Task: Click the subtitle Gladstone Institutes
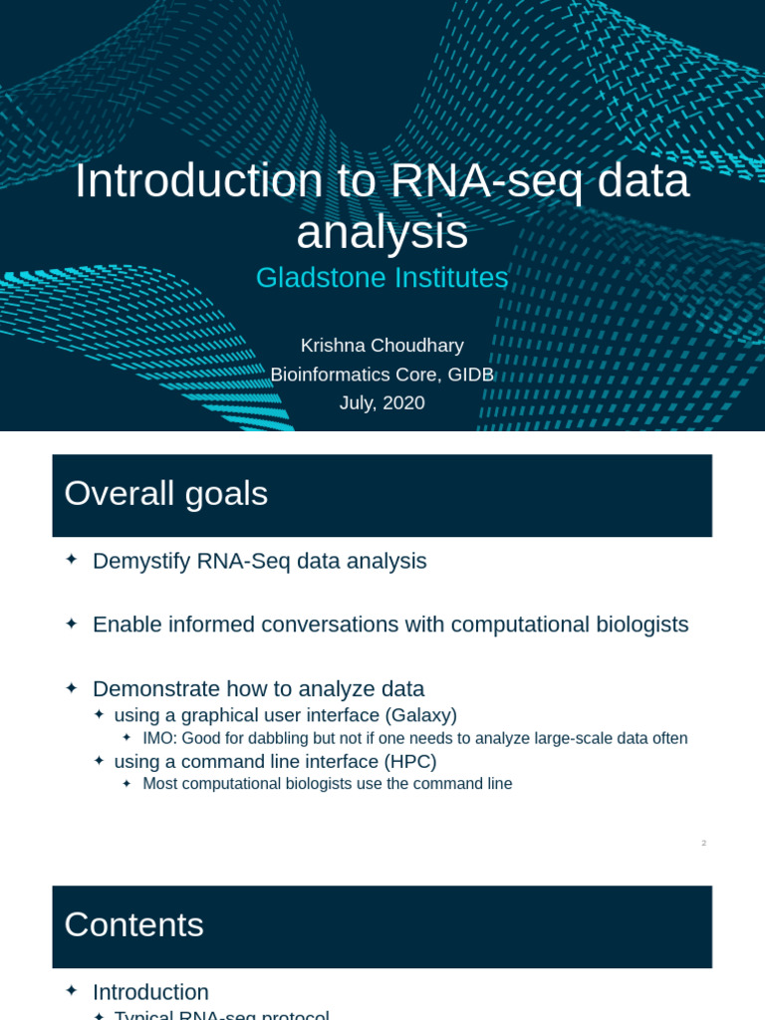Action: [382, 278]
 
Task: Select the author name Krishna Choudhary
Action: [382, 346]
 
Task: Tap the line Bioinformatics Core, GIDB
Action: [382, 375]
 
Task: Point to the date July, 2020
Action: [382, 403]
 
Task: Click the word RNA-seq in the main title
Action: [458, 181]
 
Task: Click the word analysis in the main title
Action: [382, 233]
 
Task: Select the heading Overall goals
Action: [165, 494]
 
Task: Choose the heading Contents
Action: [133, 925]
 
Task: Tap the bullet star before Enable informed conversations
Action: [71, 624]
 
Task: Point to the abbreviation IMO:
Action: [160, 739]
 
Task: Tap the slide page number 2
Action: [703, 844]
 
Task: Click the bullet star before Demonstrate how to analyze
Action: [71, 687]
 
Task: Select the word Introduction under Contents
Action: [150, 992]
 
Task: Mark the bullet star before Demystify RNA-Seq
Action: [71, 560]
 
